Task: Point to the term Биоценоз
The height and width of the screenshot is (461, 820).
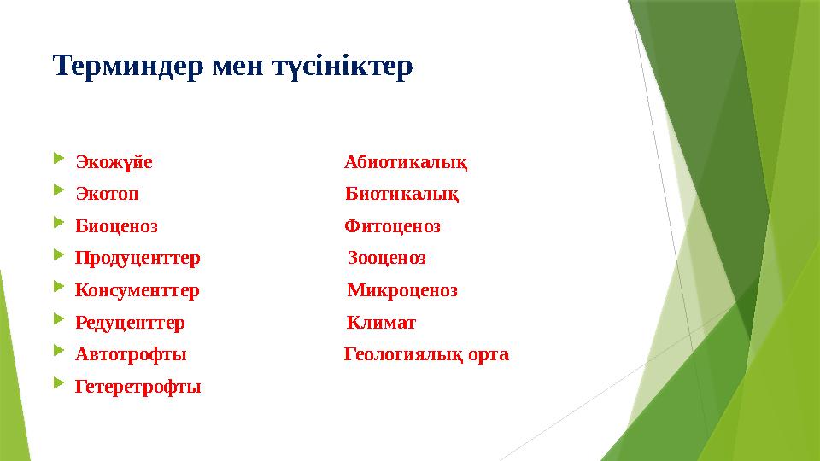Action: click(x=116, y=226)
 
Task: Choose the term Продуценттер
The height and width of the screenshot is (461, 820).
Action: click(x=138, y=258)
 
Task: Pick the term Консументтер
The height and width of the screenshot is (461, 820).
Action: click(x=138, y=290)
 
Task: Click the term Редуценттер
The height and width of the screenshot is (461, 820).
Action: click(x=130, y=323)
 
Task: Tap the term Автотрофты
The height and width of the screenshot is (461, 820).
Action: click(x=131, y=354)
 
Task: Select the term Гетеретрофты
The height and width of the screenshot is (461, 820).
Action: click(x=138, y=387)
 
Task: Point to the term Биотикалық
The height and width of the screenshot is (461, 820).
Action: click(x=402, y=195)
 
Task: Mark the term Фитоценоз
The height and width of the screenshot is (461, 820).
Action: click(x=392, y=226)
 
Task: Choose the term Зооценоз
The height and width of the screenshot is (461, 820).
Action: click(x=387, y=258)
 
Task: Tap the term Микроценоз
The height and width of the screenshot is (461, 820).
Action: click(x=402, y=290)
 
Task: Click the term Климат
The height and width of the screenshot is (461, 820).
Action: click(x=382, y=323)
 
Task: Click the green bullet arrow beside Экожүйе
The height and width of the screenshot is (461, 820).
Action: click(x=58, y=160)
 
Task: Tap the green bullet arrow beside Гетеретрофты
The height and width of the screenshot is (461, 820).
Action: click(x=58, y=384)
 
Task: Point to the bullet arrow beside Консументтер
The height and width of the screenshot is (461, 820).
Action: click(x=58, y=288)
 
